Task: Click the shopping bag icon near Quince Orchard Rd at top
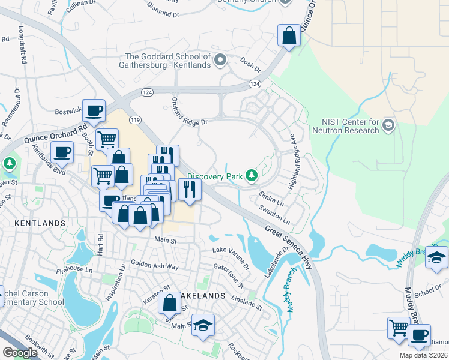coord(289,36)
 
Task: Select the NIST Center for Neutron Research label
coord(346,126)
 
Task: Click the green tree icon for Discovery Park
coord(253,175)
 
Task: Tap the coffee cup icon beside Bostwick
coord(93,110)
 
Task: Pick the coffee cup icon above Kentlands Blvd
coord(62,152)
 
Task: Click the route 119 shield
coord(135,120)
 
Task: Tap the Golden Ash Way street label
coord(155,265)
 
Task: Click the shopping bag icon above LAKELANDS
coord(169,303)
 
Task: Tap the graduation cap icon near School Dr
coord(436,257)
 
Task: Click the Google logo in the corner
coord(20,353)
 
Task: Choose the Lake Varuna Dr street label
coord(231,257)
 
